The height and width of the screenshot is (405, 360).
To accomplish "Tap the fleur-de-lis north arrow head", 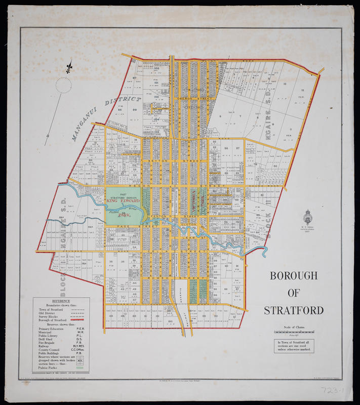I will coord(69,66).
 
